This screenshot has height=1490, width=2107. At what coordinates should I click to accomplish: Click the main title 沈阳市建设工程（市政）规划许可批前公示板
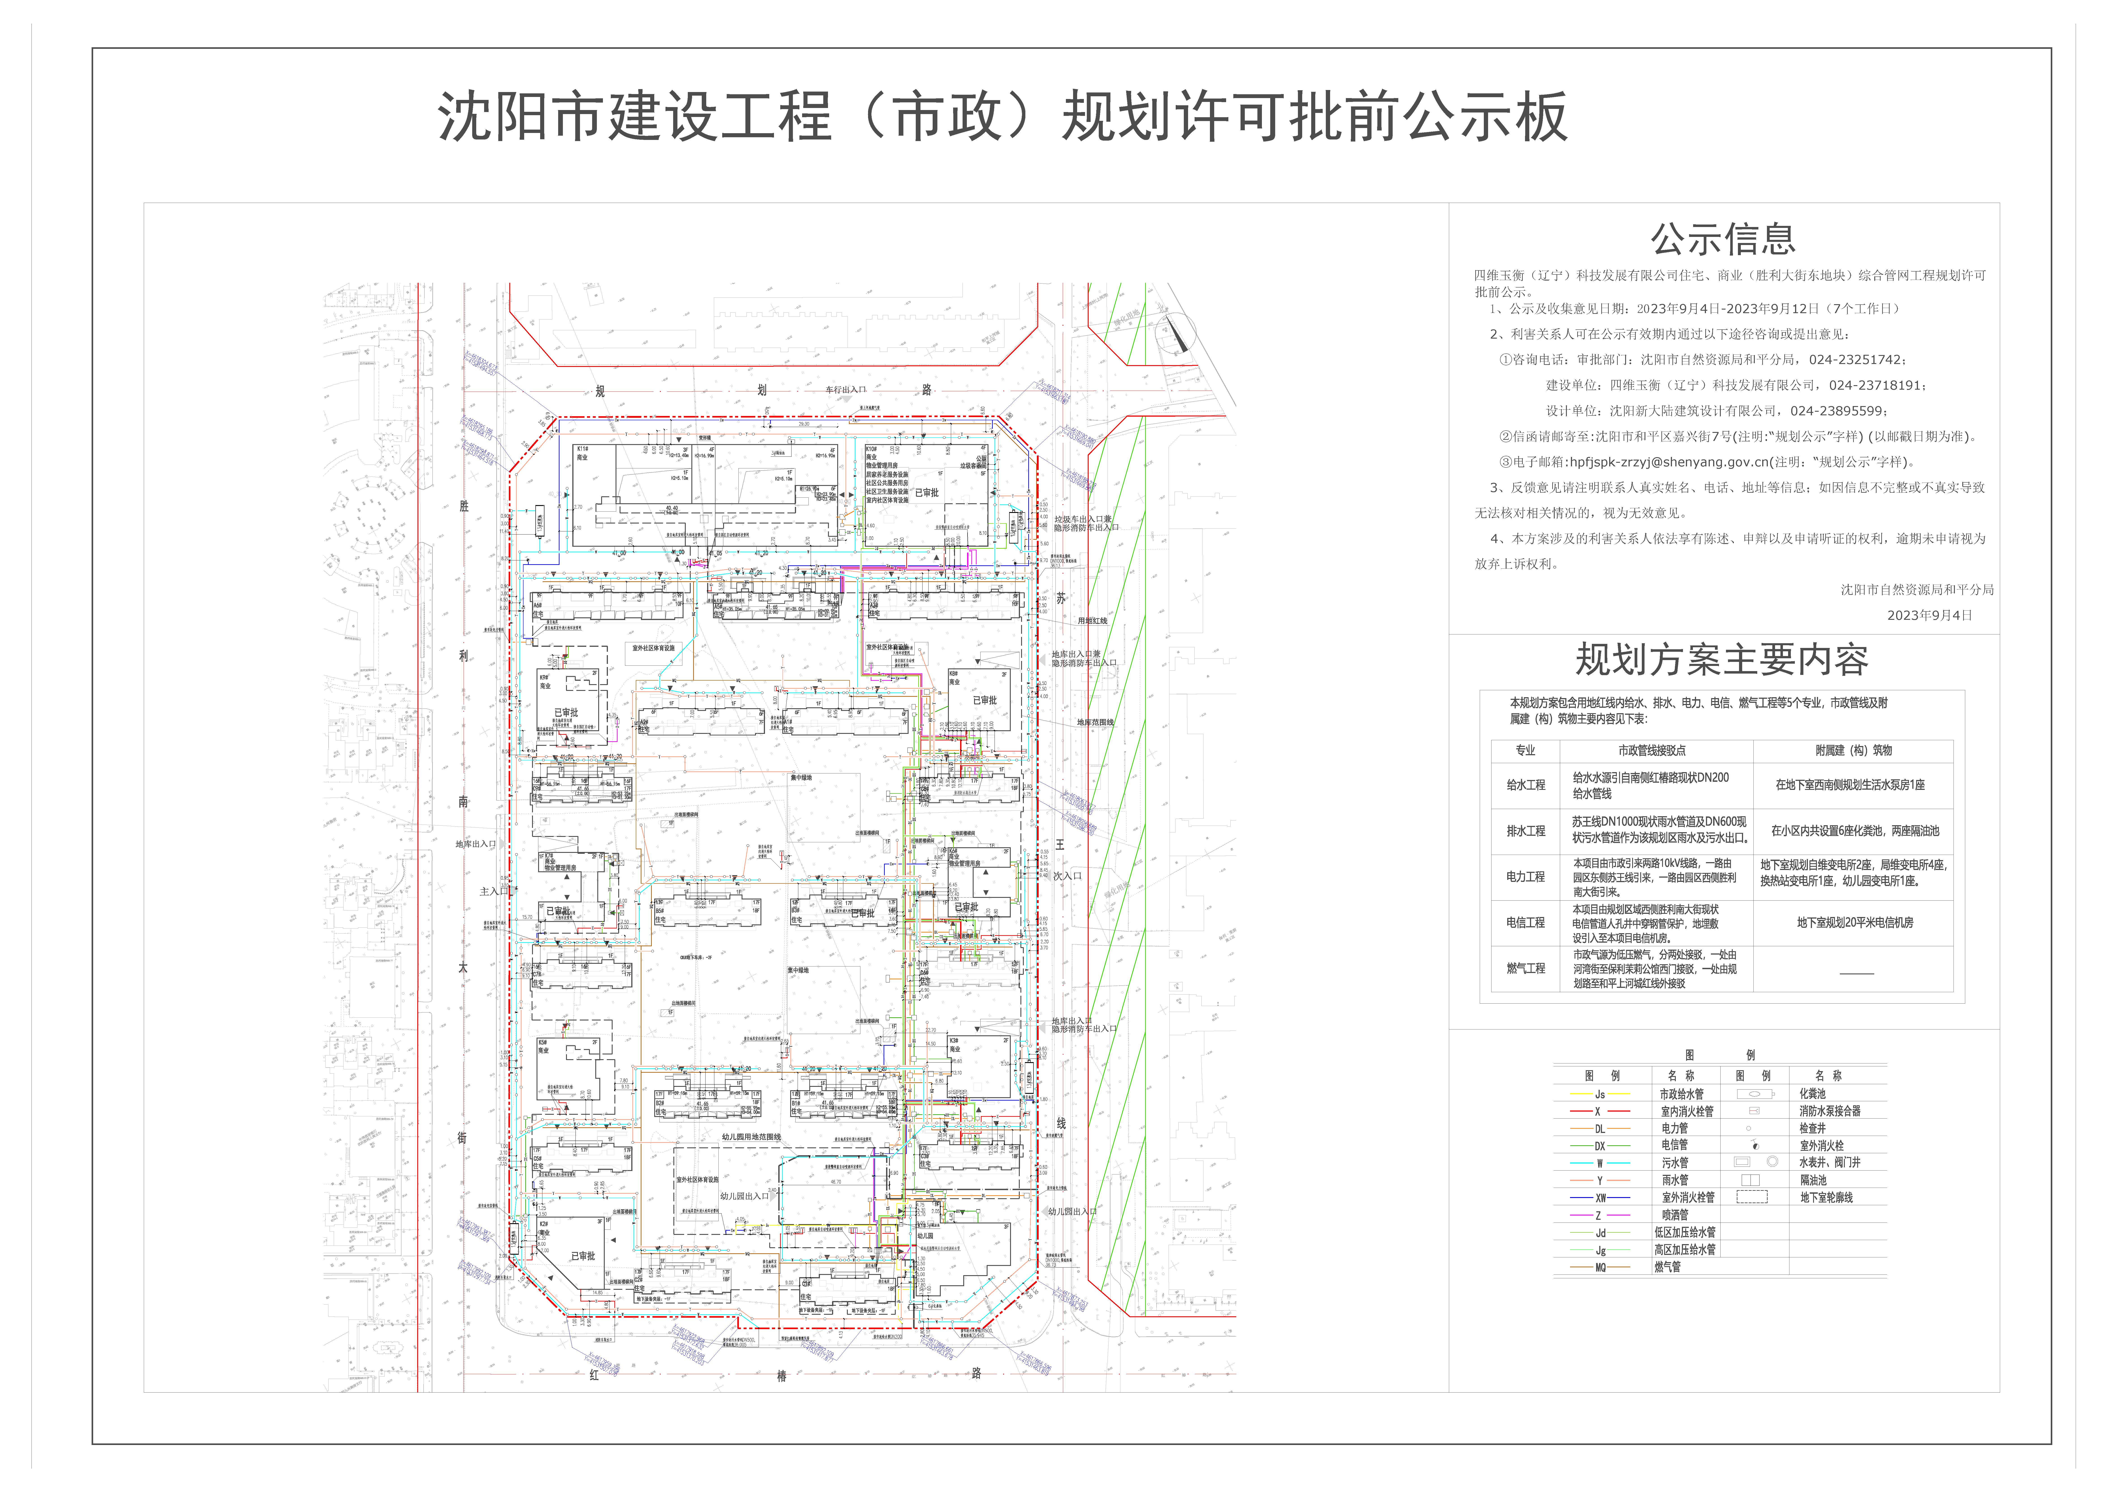pos(1002,117)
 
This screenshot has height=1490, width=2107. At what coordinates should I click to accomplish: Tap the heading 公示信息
pos(1723,239)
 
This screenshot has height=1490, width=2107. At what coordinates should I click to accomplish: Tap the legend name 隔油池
pos(1812,1181)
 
